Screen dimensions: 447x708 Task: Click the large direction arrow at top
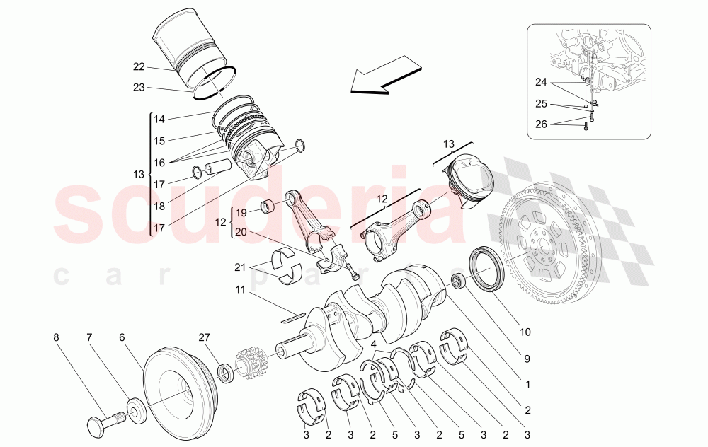382,77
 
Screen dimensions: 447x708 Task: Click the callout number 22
139,67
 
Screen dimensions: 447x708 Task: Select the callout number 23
139,87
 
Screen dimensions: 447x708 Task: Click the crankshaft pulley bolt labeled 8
104,422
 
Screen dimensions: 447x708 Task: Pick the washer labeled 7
132,410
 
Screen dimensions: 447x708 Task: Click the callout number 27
206,338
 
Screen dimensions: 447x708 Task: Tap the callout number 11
240,290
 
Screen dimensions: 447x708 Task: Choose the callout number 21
240,267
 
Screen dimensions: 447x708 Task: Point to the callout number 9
526,359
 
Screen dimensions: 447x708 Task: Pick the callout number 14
159,120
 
